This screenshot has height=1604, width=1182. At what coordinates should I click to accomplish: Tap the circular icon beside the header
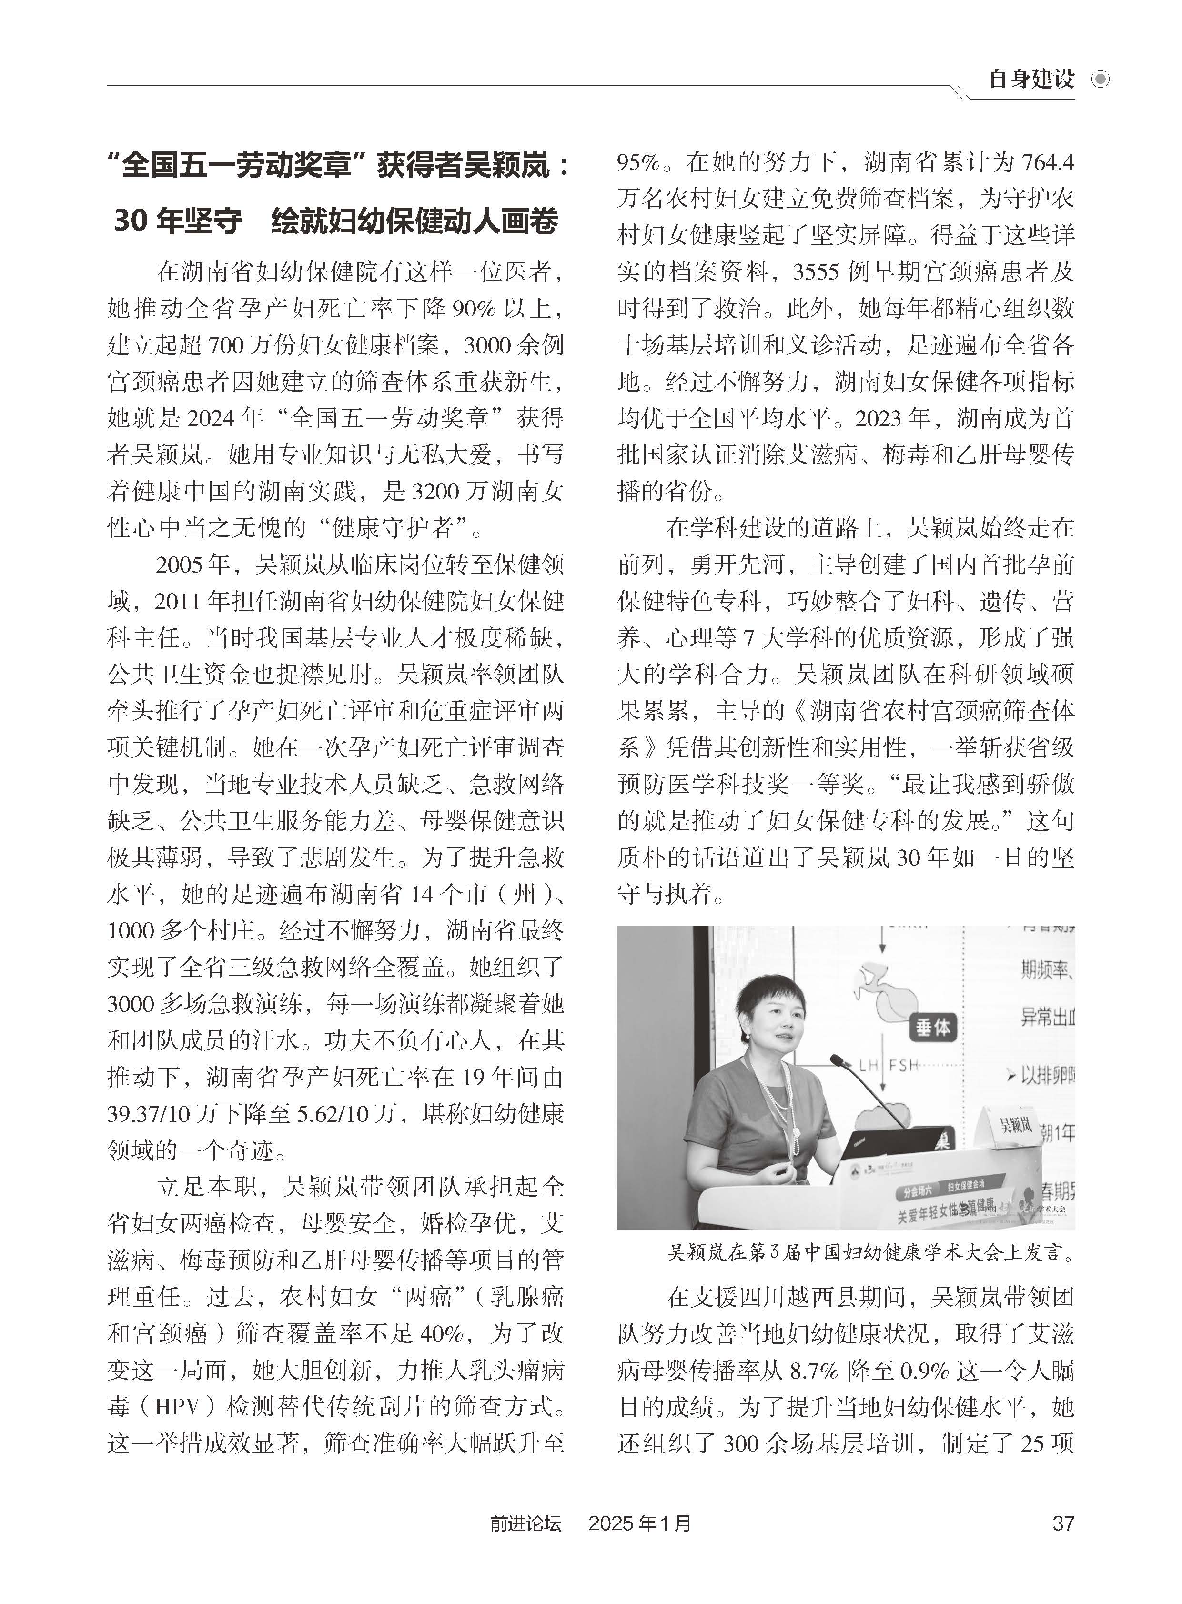tap(1100, 79)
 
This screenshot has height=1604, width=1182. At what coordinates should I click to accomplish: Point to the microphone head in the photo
tap(836, 1059)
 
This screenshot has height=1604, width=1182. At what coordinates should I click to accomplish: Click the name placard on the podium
tap(1015, 1125)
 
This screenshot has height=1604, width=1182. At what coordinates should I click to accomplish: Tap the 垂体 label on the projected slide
tap(933, 1028)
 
